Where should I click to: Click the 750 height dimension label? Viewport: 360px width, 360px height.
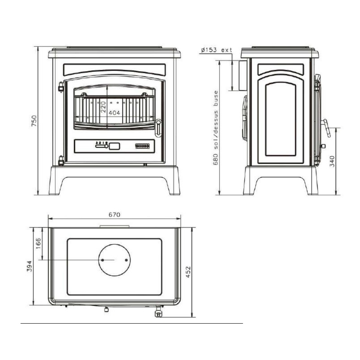(34, 121)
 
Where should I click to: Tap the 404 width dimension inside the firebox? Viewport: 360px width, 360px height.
(114, 113)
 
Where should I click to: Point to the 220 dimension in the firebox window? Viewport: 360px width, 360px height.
(103, 107)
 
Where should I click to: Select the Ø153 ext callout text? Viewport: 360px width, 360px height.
(216, 50)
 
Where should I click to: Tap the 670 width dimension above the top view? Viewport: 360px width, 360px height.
(114, 215)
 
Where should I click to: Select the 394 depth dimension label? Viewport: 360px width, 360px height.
(29, 266)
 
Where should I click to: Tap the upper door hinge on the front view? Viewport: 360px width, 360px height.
(61, 87)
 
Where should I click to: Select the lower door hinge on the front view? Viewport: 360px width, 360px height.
(61, 161)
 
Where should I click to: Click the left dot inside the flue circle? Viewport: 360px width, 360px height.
(103, 260)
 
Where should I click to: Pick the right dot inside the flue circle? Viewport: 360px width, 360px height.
(126, 260)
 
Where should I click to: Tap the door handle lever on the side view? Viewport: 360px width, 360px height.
(326, 128)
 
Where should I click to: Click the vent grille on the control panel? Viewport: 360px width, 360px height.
(142, 146)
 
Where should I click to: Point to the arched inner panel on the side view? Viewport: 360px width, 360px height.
(281, 119)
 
